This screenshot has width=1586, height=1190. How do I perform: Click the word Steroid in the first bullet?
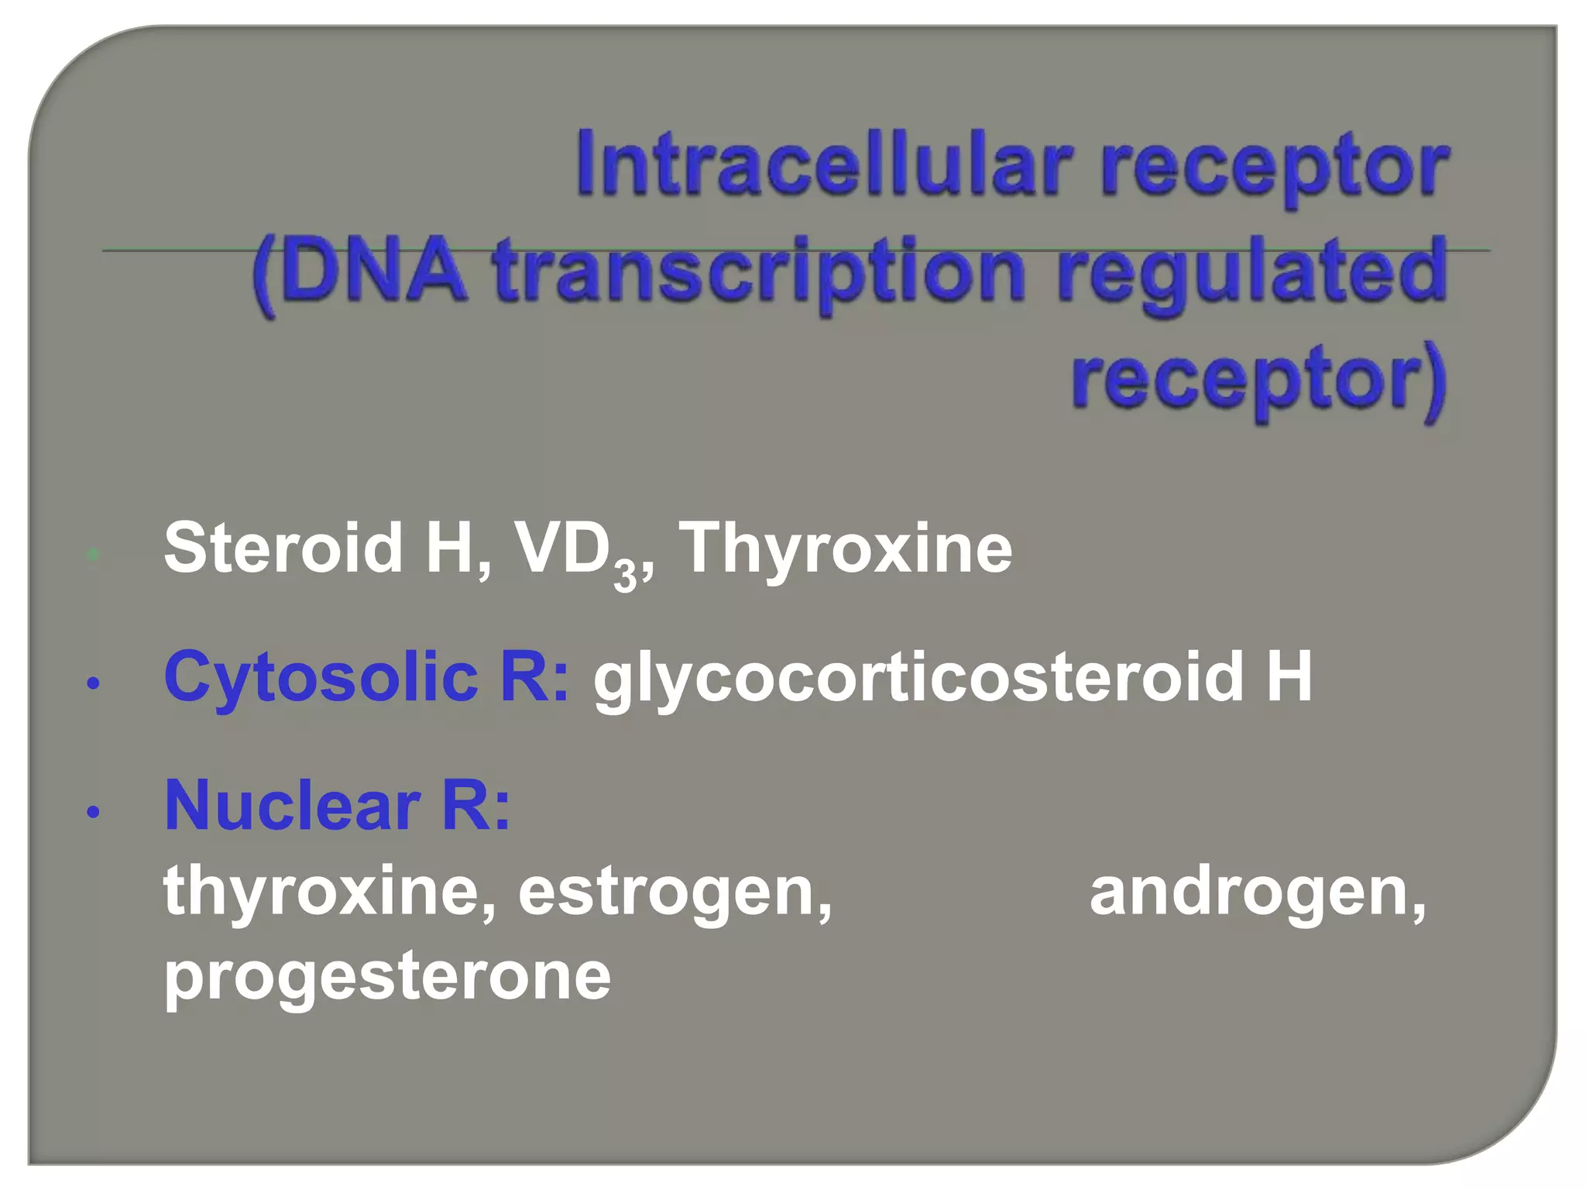click(283, 548)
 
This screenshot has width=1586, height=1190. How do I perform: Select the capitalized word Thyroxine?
click(845, 549)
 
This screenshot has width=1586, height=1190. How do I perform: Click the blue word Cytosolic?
click(321, 677)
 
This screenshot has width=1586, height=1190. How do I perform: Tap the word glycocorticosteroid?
click(918, 679)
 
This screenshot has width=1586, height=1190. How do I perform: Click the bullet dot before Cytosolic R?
click(94, 683)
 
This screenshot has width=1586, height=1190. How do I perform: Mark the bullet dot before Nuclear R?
click(94, 812)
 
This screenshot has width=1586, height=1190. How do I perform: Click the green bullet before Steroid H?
click(94, 554)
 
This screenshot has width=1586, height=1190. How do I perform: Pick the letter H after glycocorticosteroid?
click(1289, 676)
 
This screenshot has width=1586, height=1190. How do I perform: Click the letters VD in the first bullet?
click(561, 548)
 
